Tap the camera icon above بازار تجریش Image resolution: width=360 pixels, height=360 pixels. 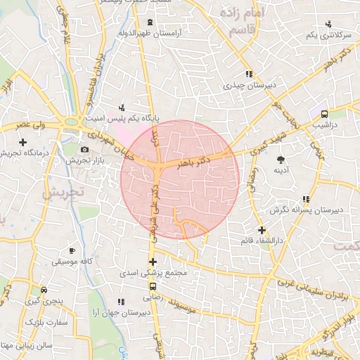coord(85,149)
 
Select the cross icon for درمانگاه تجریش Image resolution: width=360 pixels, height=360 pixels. coord(23,142)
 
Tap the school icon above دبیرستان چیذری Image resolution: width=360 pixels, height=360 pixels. coord(248,74)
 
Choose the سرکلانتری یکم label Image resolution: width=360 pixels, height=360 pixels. coord(328,35)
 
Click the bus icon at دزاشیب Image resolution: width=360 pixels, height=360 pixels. coord(324,114)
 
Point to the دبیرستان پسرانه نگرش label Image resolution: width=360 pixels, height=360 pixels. coord(306,210)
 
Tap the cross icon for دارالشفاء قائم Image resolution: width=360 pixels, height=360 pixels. coord(262,230)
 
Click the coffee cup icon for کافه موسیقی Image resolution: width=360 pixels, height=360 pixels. coord(72,250)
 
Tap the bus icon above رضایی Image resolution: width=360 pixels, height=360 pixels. coord(153,286)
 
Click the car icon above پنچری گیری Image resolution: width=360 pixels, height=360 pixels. coord(44,290)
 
